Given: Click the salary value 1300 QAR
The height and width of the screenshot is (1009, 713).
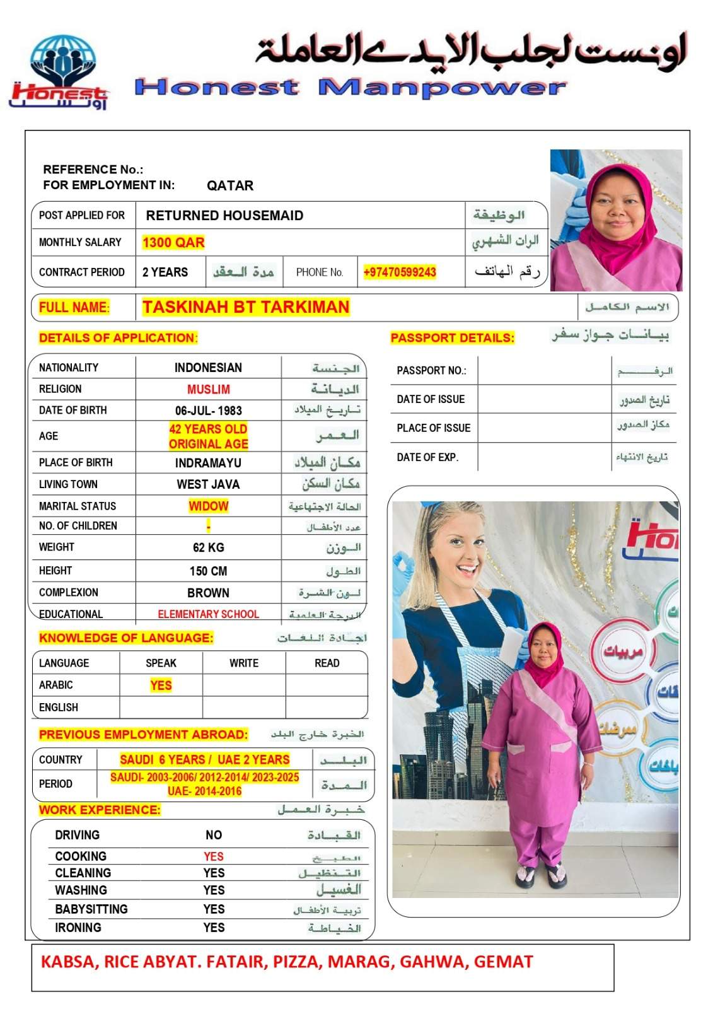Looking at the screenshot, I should point(173,243).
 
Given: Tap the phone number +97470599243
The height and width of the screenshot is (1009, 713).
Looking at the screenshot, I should point(400,272).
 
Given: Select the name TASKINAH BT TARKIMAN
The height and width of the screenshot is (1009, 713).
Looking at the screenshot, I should point(245,307).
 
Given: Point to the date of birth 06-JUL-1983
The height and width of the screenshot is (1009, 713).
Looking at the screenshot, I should point(208,411).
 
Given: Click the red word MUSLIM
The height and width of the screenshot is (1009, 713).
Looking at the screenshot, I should point(208,389).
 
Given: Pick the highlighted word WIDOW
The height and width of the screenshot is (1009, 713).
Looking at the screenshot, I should point(208,506).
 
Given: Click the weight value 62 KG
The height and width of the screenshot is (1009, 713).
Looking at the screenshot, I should point(208,547).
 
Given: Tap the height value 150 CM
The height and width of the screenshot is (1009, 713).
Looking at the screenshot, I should point(208,571).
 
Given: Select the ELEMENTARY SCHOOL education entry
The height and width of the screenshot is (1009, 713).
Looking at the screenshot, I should point(208,614).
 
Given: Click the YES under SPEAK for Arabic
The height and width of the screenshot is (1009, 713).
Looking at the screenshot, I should point(161,685).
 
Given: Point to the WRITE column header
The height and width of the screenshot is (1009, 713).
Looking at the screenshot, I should point(244,663).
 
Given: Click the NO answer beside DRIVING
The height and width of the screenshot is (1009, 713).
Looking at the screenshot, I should point(214,835).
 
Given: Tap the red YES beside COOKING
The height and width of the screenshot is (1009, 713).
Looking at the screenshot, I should point(214,856).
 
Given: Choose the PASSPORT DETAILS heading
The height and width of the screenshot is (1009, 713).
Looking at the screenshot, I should point(452,338).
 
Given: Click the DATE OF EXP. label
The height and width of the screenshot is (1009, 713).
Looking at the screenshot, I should point(427,457).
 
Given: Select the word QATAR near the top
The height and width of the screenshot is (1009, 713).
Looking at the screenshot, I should point(230,185).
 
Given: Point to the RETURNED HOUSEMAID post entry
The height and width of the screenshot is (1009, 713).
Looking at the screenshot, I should point(224,216).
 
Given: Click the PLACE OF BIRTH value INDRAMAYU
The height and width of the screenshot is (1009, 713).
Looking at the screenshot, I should point(208,463).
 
